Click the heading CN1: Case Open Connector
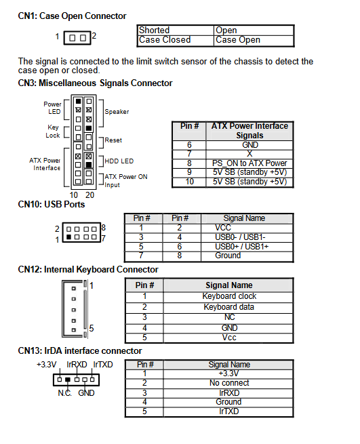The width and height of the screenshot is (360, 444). [x=72, y=16]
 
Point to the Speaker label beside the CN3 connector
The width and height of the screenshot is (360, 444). [x=117, y=112]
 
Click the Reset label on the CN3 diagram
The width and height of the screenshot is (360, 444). [x=113, y=140]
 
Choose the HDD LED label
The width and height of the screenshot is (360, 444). [x=119, y=161]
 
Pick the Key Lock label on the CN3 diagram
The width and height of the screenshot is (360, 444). [x=53, y=132]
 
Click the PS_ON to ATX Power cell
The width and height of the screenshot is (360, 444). [x=249, y=163]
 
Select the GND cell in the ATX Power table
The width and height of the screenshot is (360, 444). [x=250, y=145]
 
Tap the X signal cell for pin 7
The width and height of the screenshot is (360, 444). [x=249, y=154]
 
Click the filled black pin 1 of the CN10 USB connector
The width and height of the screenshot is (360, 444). [x=68, y=237]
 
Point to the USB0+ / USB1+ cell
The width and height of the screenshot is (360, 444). [x=241, y=247]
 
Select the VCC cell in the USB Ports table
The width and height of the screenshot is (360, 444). [x=223, y=228]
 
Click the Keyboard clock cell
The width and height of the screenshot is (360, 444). [x=229, y=296]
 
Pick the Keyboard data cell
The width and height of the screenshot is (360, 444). [x=229, y=307]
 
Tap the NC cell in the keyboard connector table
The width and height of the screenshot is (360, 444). [x=229, y=317]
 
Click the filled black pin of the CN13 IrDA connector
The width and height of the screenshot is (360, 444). [x=68, y=380]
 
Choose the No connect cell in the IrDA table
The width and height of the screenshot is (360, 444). [x=229, y=383]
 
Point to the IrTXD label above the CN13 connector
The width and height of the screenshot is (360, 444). [x=103, y=365]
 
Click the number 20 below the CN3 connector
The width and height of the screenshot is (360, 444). [x=89, y=195]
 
